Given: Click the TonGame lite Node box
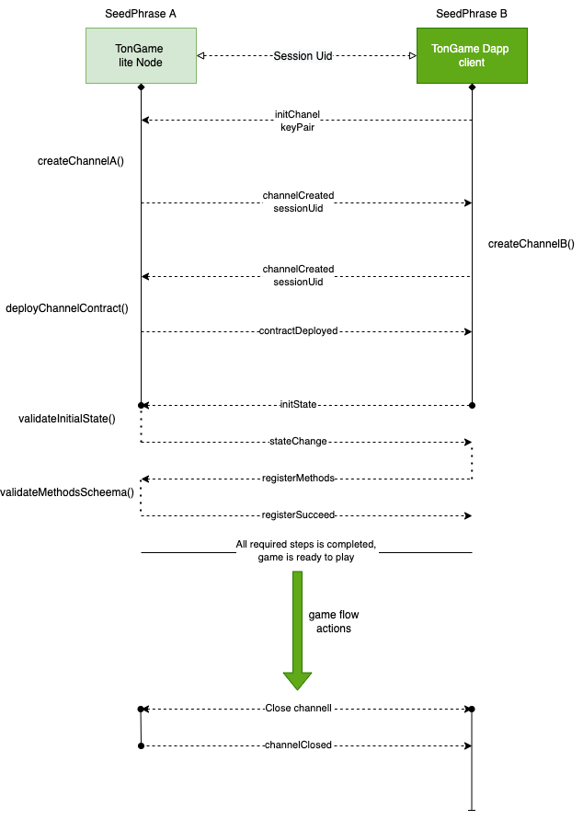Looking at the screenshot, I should [x=141, y=55].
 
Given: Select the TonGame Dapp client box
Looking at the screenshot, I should [x=472, y=55].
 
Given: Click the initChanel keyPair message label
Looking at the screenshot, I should [x=298, y=121].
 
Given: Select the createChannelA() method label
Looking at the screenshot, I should [x=81, y=161].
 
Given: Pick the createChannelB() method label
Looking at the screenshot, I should [x=531, y=244].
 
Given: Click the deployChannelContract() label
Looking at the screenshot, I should [x=66, y=308].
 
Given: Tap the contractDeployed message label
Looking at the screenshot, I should [x=299, y=331].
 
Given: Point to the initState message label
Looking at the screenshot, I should [x=299, y=405].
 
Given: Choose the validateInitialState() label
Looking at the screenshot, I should [x=67, y=419].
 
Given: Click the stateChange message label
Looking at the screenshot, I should [x=299, y=442].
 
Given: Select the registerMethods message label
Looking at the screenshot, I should [x=299, y=479].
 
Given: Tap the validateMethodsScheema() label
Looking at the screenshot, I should [x=67, y=492].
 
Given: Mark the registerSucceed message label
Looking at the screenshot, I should [x=299, y=515].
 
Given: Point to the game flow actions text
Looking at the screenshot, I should [x=330, y=622].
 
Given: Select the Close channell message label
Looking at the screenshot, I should [x=298, y=709].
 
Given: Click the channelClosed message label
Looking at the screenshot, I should [x=298, y=745].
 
